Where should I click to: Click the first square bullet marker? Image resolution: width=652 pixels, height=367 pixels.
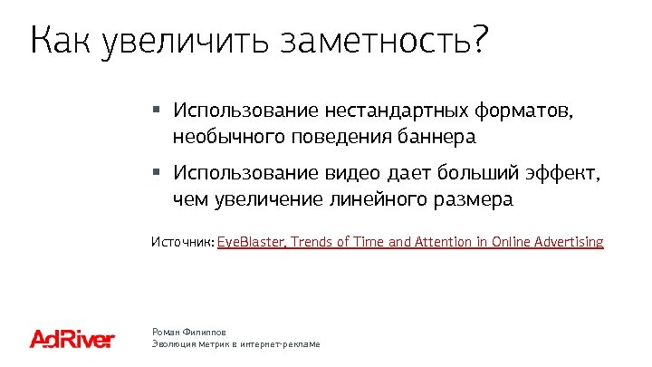[156, 111]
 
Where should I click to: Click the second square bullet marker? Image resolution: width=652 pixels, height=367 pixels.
[156, 171]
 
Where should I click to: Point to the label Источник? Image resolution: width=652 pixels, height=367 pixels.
[181, 242]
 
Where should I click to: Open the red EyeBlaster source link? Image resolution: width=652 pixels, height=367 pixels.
[409, 242]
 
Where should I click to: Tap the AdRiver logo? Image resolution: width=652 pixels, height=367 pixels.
[72, 340]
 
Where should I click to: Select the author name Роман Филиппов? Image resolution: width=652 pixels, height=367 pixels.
[188, 333]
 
